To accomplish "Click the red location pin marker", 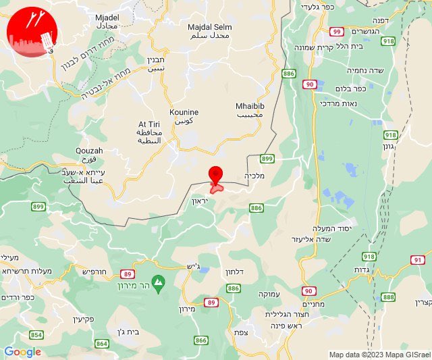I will [x=215, y=175].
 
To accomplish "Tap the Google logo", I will [x=22, y=352].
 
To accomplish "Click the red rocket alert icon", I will [x=31, y=32].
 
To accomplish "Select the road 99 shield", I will [x=337, y=31].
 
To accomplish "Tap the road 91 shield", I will [x=418, y=259].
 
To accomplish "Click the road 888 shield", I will [x=388, y=297].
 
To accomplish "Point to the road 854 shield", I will [x=36, y=334].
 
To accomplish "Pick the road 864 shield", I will [x=102, y=343].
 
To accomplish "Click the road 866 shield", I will [x=201, y=340].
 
